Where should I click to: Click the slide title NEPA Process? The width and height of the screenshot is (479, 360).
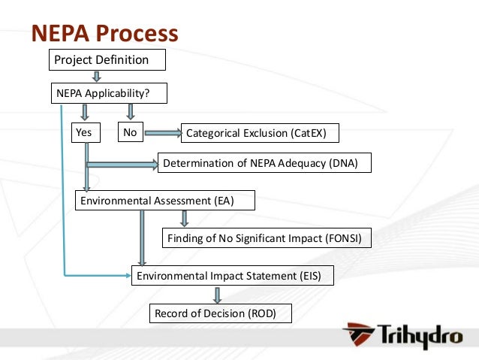(x=104, y=33)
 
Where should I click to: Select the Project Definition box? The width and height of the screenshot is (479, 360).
(x=107, y=59)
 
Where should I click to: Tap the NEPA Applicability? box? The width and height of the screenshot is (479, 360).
(x=108, y=93)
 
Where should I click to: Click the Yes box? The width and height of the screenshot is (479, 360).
(x=85, y=133)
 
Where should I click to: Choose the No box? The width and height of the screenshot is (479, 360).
(x=130, y=133)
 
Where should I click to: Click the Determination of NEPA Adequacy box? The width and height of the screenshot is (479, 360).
(x=264, y=163)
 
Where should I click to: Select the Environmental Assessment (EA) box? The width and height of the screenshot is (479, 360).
(x=165, y=200)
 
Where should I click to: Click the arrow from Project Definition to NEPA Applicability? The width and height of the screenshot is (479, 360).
(x=96, y=76)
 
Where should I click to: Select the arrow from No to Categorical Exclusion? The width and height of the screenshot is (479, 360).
(x=162, y=134)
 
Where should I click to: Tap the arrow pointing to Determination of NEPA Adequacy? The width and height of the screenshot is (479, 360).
(x=122, y=163)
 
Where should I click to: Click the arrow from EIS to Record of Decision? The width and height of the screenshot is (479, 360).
(x=218, y=295)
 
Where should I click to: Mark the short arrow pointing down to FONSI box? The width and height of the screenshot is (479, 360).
(x=184, y=219)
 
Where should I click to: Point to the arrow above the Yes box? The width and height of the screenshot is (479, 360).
(x=85, y=112)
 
